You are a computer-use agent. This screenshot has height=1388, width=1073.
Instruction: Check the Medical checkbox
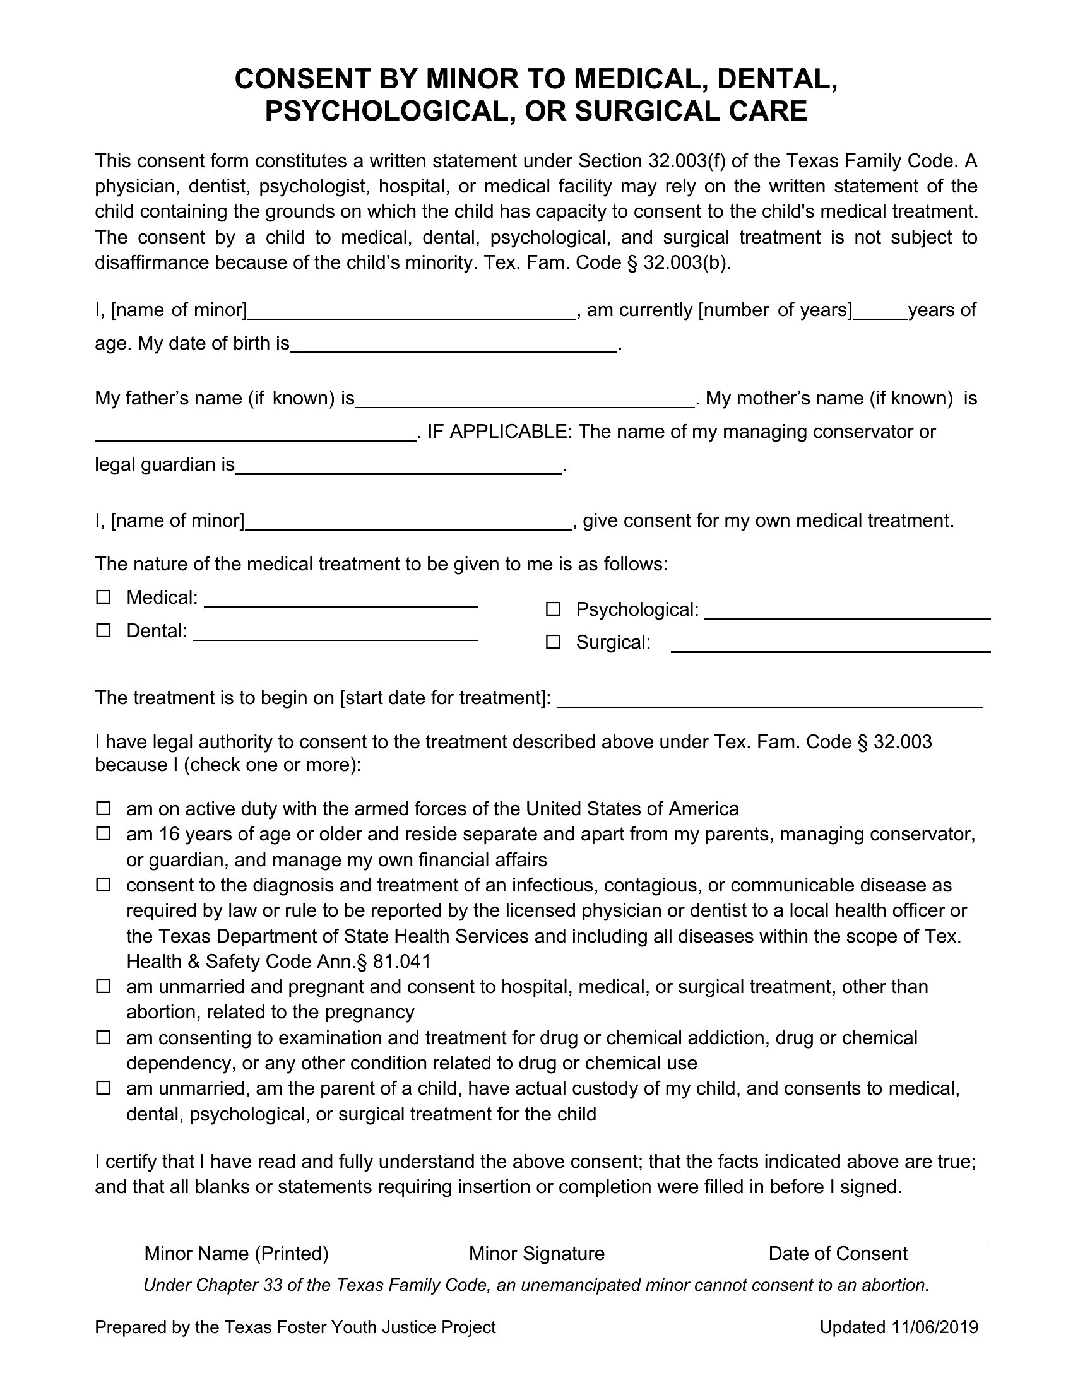(103, 597)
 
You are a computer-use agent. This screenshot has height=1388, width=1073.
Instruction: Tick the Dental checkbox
(103, 630)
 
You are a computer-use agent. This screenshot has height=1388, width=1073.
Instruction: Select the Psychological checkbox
(553, 609)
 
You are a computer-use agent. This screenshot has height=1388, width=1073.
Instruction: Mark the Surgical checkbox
(553, 642)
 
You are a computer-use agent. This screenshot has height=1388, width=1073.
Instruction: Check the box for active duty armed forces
(103, 808)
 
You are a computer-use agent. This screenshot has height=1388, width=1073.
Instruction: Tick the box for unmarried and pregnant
(103, 986)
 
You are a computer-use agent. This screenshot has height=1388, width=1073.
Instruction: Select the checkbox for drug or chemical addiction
(103, 1037)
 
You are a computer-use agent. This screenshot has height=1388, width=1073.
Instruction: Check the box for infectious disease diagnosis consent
(103, 885)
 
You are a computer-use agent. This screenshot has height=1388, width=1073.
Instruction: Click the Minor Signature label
(536, 1253)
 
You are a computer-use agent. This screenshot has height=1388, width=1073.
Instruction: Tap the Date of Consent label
(837, 1253)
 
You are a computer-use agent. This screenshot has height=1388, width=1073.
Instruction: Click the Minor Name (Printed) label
(236, 1253)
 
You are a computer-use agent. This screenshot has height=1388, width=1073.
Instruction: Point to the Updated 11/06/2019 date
(898, 1327)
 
